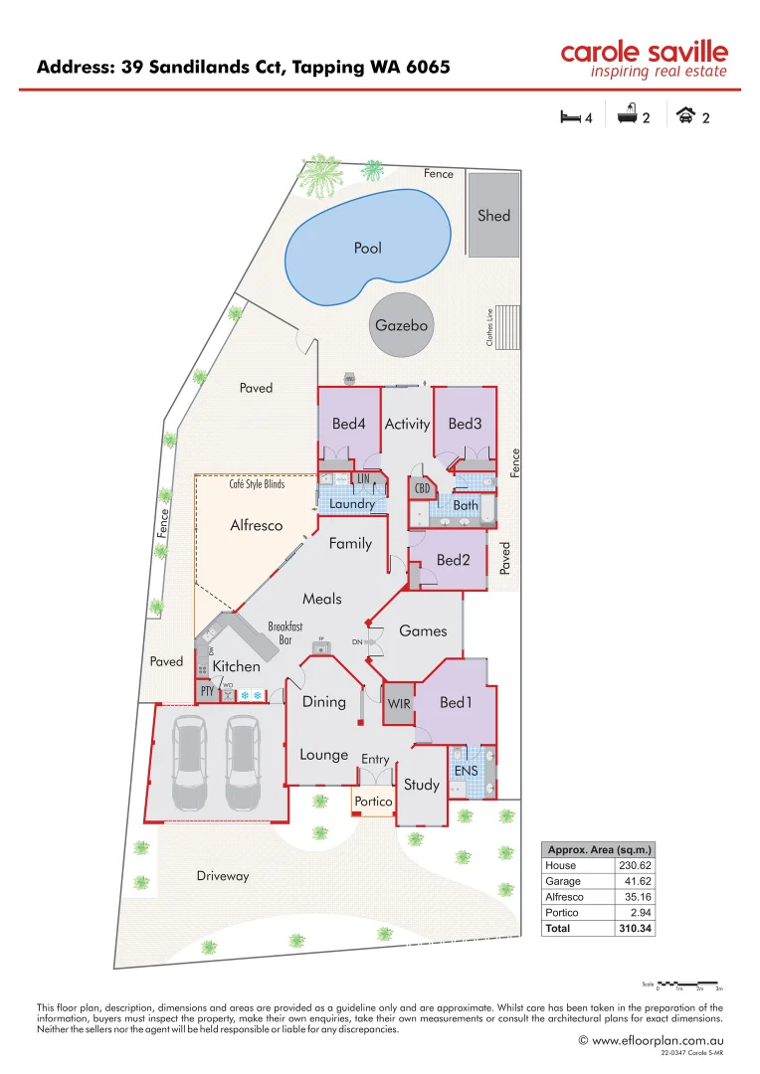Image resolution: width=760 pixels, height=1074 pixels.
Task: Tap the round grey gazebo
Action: (402, 325)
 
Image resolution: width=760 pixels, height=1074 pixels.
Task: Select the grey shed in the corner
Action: (493, 215)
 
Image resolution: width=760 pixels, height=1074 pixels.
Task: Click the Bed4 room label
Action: (349, 424)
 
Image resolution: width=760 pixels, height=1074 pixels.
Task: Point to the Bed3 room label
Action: (465, 424)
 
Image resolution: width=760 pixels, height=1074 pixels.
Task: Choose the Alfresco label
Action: (257, 525)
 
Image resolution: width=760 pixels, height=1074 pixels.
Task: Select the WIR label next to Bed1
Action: (399, 704)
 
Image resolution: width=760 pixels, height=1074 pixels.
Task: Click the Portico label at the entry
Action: (374, 801)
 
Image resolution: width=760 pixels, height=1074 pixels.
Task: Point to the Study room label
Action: (422, 785)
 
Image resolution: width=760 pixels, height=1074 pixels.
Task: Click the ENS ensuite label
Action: (466, 771)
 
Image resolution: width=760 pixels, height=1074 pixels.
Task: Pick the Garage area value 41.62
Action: (634, 881)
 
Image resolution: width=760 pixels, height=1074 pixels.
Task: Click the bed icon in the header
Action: (571, 116)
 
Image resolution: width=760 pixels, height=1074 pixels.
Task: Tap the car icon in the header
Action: (685, 116)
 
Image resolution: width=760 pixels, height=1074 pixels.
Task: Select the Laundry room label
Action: (352, 504)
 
